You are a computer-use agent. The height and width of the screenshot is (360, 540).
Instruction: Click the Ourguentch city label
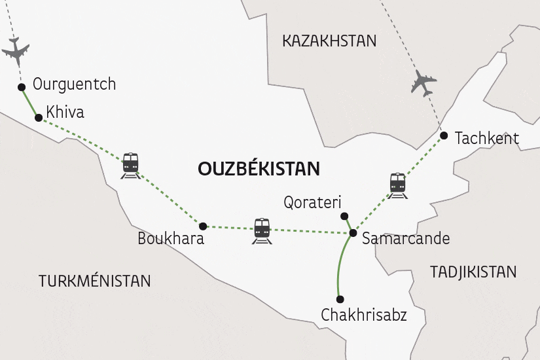[x=74, y=84]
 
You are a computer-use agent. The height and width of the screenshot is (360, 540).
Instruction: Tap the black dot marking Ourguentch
[x=22, y=86]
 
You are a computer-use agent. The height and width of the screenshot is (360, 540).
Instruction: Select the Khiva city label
[x=66, y=113]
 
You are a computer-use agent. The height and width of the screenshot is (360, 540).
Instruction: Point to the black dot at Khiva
[x=39, y=118]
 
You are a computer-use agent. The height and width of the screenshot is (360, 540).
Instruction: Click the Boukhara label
[x=171, y=239]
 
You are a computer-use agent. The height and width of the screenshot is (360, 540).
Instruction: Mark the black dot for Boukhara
[x=203, y=226]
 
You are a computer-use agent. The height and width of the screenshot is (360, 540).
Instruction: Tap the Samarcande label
[x=406, y=238]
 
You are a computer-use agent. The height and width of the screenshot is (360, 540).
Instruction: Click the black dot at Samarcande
[x=353, y=232]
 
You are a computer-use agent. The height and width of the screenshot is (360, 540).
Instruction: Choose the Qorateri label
[x=313, y=202]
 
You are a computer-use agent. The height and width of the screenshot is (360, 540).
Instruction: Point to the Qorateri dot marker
[x=344, y=216]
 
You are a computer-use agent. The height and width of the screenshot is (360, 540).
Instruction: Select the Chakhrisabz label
[x=364, y=315]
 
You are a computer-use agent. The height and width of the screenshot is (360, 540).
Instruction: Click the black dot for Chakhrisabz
[x=339, y=299]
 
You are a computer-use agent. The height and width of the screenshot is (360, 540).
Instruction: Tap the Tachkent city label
[x=486, y=138]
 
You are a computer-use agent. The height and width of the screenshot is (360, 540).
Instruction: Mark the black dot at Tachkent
[x=444, y=135]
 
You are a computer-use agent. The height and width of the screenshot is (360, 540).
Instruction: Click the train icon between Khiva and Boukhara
[x=131, y=164]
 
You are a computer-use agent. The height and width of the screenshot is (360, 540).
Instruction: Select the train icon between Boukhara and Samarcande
[x=262, y=230]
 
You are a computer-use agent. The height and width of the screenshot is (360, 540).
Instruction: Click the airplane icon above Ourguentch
[x=16, y=50]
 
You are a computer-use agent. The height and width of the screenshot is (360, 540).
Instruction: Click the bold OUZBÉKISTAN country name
[x=259, y=169]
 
